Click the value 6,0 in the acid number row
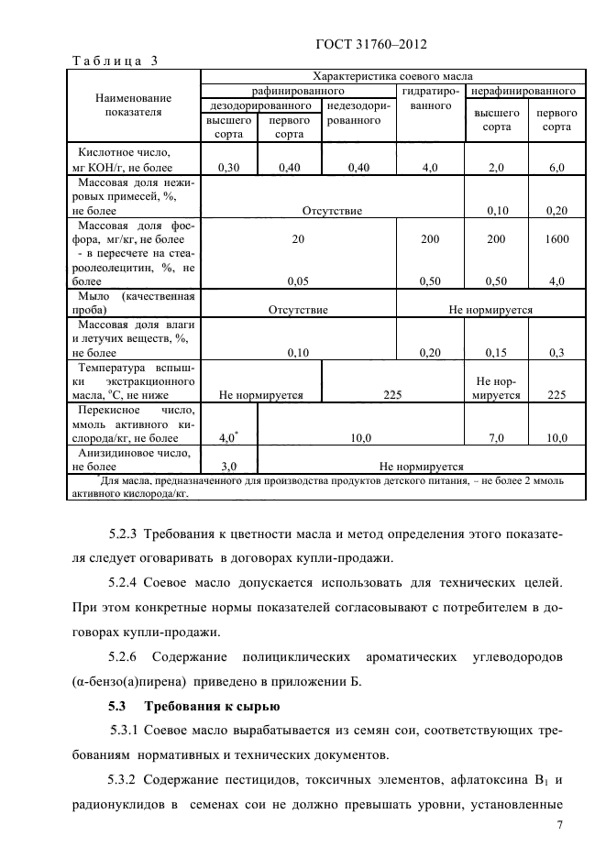click(556, 167)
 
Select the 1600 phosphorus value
click(556, 238)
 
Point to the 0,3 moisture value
click(556, 352)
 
